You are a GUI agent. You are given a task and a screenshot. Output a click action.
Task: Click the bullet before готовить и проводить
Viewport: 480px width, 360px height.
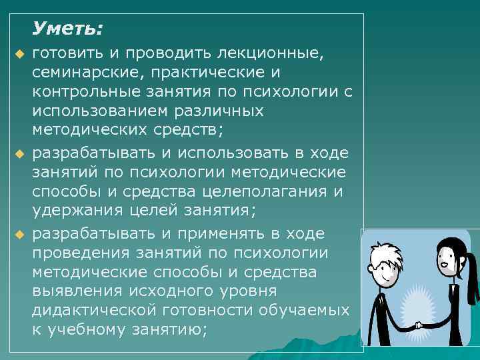click(x=19, y=53)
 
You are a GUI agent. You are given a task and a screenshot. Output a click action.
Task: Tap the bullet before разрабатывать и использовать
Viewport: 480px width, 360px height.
click(x=19, y=155)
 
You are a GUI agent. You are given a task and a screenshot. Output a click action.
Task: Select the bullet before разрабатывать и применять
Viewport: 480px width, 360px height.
click(x=19, y=234)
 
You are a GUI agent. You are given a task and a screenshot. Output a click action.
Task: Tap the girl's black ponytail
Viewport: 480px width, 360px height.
click(x=471, y=273)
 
